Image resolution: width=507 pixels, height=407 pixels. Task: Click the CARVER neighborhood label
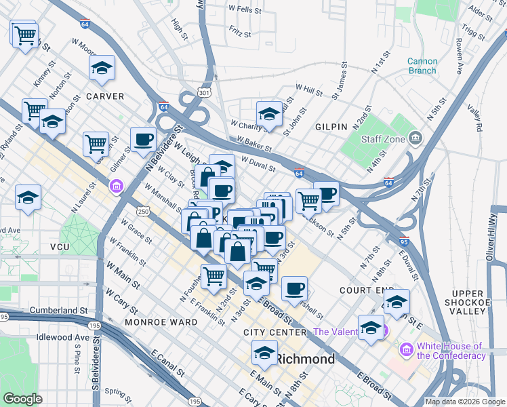click(104, 96)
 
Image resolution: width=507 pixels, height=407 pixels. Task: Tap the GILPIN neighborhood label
click(331, 127)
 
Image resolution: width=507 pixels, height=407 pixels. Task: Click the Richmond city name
click(306, 358)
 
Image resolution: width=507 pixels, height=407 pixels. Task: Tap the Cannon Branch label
click(422, 66)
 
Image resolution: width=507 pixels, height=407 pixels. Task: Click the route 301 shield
click(203, 92)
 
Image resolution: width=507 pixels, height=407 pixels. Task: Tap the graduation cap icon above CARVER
click(102, 68)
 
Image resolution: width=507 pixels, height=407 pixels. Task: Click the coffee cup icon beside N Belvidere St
click(142, 140)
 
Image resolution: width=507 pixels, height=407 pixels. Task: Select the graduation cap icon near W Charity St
click(269, 114)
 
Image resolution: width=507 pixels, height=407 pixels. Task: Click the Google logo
click(22, 398)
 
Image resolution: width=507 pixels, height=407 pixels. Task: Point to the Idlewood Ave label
click(64, 337)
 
